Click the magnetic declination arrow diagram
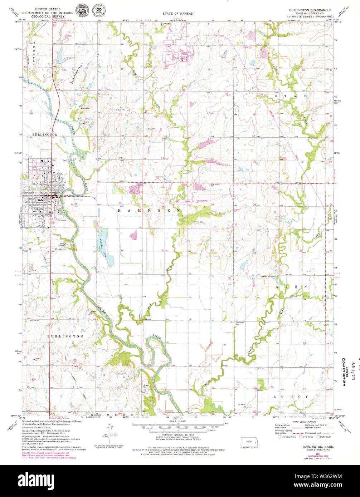tap(109, 432)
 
